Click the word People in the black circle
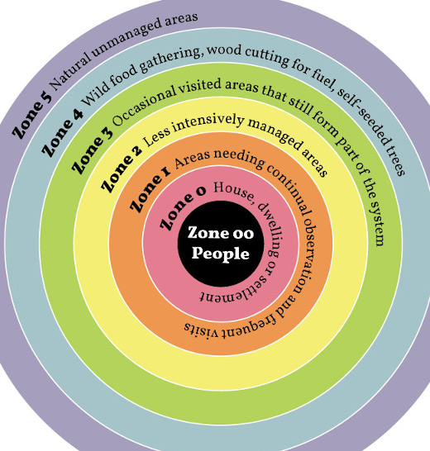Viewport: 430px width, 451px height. pos(221,254)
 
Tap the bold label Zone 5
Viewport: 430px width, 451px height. pos(32,116)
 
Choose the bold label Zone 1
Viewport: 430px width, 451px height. pos(150,190)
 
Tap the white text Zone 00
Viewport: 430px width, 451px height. pos(221,233)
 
